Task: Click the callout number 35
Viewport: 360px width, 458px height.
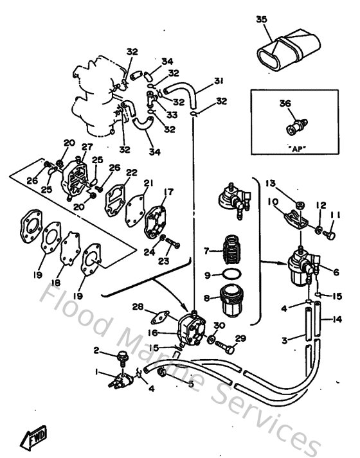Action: coord(261,19)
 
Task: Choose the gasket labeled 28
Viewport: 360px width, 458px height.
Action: coord(160,316)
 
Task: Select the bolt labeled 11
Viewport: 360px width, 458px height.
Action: coord(331,236)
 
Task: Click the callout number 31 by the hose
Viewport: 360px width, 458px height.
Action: coord(219,80)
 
